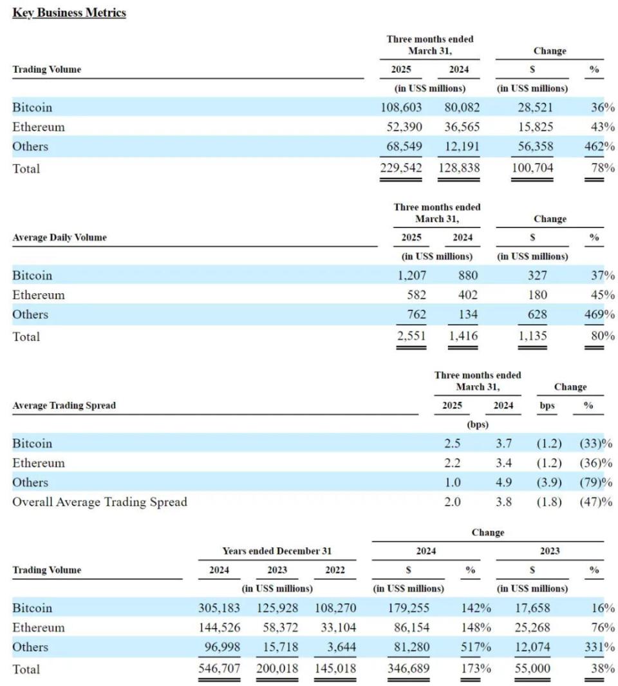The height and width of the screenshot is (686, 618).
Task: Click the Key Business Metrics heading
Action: (x=69, y=13)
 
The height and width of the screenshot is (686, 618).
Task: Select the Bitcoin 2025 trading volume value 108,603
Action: (x=401, y=108)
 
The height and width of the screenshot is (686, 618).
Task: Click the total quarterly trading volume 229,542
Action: (x=401, y=168)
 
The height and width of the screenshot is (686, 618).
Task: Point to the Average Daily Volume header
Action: (x=59, y=237)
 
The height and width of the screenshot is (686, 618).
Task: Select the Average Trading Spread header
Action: (x=64, y=405)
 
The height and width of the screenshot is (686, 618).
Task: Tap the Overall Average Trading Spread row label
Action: (x=100, y=502)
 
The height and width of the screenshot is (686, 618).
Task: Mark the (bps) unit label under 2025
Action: (x=477, y=424)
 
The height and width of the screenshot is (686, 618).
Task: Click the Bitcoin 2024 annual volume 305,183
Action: (x=219, y=608)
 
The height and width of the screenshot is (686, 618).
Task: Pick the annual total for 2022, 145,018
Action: (x=335, y=669)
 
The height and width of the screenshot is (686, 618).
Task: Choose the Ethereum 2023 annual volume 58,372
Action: (x=281, y=627)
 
